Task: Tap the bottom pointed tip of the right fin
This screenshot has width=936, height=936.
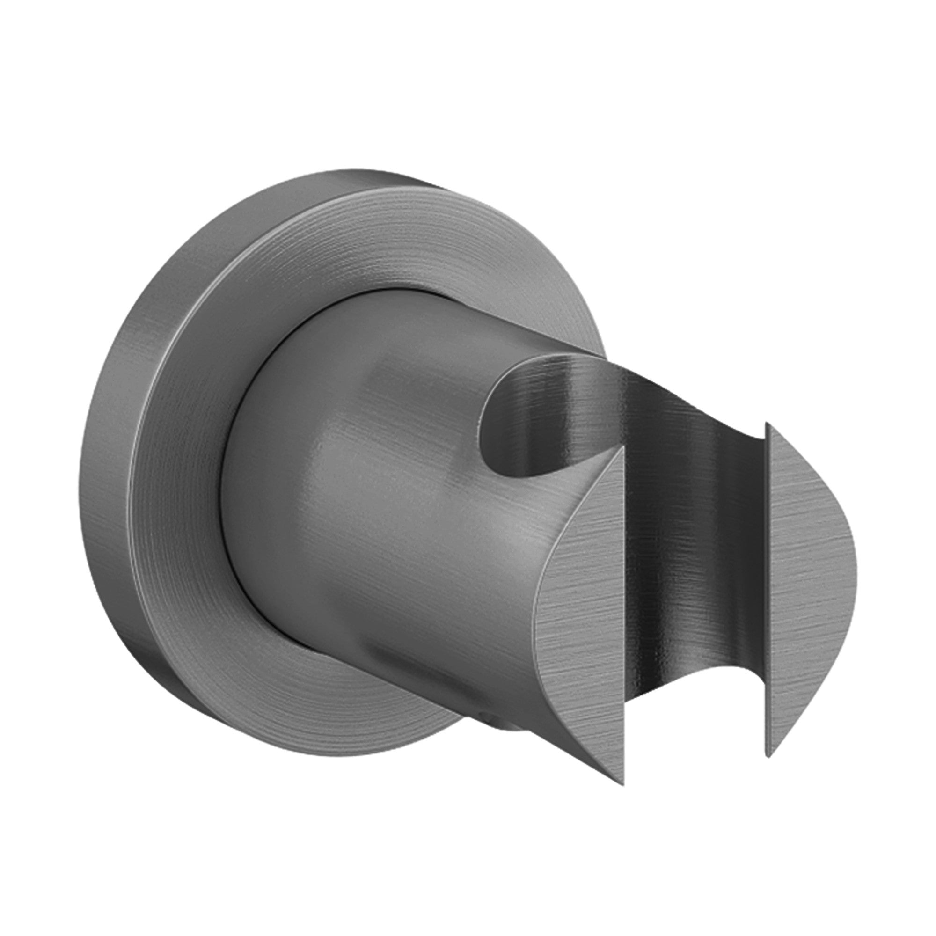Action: pyautogui.click(x=767, y=755)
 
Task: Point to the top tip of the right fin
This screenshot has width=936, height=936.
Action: pyautogui.click(x=767, y=424)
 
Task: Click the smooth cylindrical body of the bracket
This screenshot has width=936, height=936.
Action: pyautogui.click(x=388, y=509)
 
